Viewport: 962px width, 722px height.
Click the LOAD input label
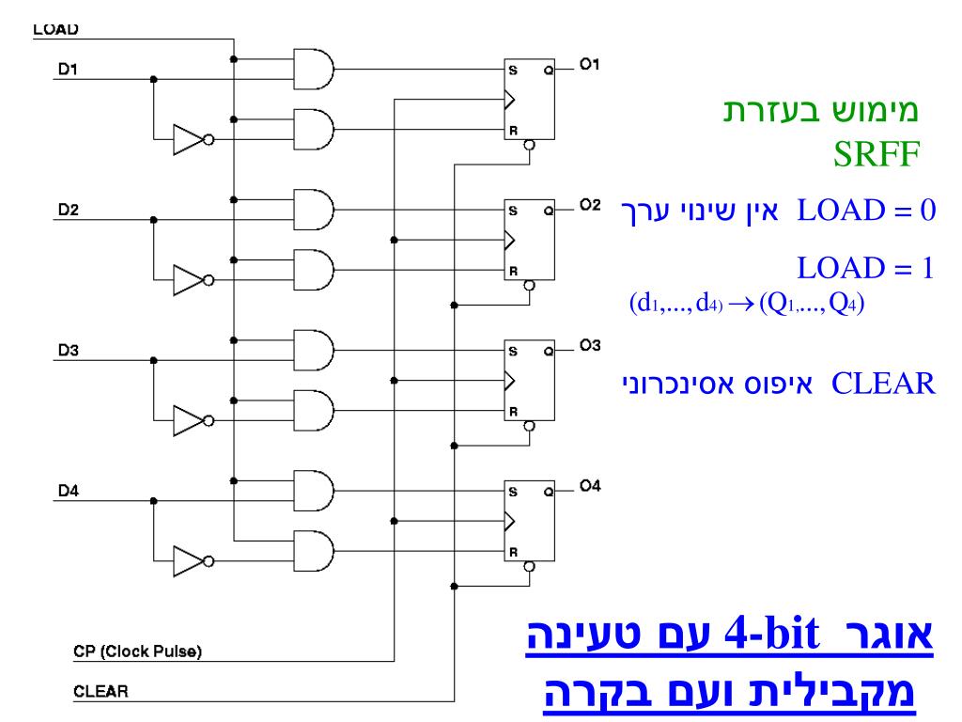coord(54,29)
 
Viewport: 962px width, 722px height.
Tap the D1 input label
coord(67,70)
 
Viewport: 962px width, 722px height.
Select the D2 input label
coord(67,209)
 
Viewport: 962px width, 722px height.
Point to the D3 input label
coord(67,350)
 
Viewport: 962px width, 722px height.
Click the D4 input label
coord(67,489)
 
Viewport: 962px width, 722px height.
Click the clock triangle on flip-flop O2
coord(510,240)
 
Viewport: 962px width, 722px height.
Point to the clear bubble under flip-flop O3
coord(529,425)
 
